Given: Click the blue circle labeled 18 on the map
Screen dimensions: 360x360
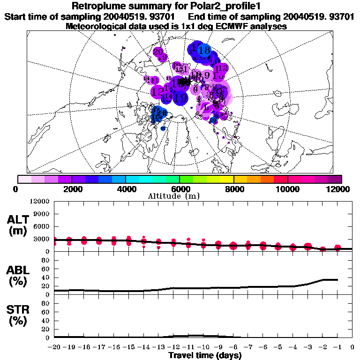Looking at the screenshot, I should click(x=204, y=50).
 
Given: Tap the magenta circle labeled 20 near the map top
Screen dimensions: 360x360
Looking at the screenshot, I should click(x=158, y=52).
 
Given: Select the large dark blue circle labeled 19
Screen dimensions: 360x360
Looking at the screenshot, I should click(x=180, y=98).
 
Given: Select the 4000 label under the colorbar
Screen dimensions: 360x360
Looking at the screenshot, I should click(x=126, y=189).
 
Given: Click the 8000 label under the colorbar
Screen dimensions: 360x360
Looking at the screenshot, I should click(x=233, y=189).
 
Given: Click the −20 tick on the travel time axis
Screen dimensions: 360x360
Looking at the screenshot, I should click(x=54, y=347).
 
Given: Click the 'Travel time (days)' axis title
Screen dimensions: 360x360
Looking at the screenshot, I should click(x=205, y=355).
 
